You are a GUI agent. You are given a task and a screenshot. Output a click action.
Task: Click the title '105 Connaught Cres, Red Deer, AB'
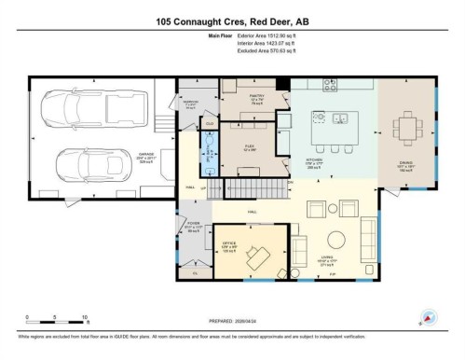click(x=232, y=21)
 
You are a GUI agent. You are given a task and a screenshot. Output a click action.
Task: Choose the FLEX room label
click(x=251, y=146)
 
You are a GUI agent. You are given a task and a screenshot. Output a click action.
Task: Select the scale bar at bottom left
click(x=56, y=323)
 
